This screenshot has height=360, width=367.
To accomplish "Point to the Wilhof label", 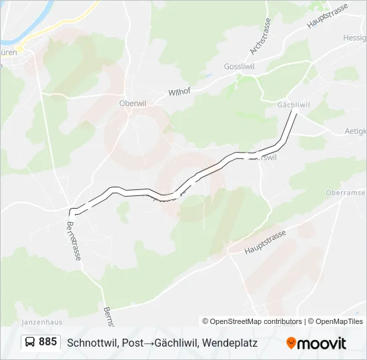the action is point(179,92).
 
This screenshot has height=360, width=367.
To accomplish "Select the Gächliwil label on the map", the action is point(293,105).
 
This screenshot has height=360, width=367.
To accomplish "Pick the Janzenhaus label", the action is point(41,321).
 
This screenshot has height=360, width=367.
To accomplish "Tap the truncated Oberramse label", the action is point(346,193).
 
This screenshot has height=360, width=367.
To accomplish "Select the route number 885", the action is point(47,342).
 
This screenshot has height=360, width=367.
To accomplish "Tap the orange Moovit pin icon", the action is point(292,343).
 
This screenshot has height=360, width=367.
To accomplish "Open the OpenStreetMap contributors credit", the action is point(252,321).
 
